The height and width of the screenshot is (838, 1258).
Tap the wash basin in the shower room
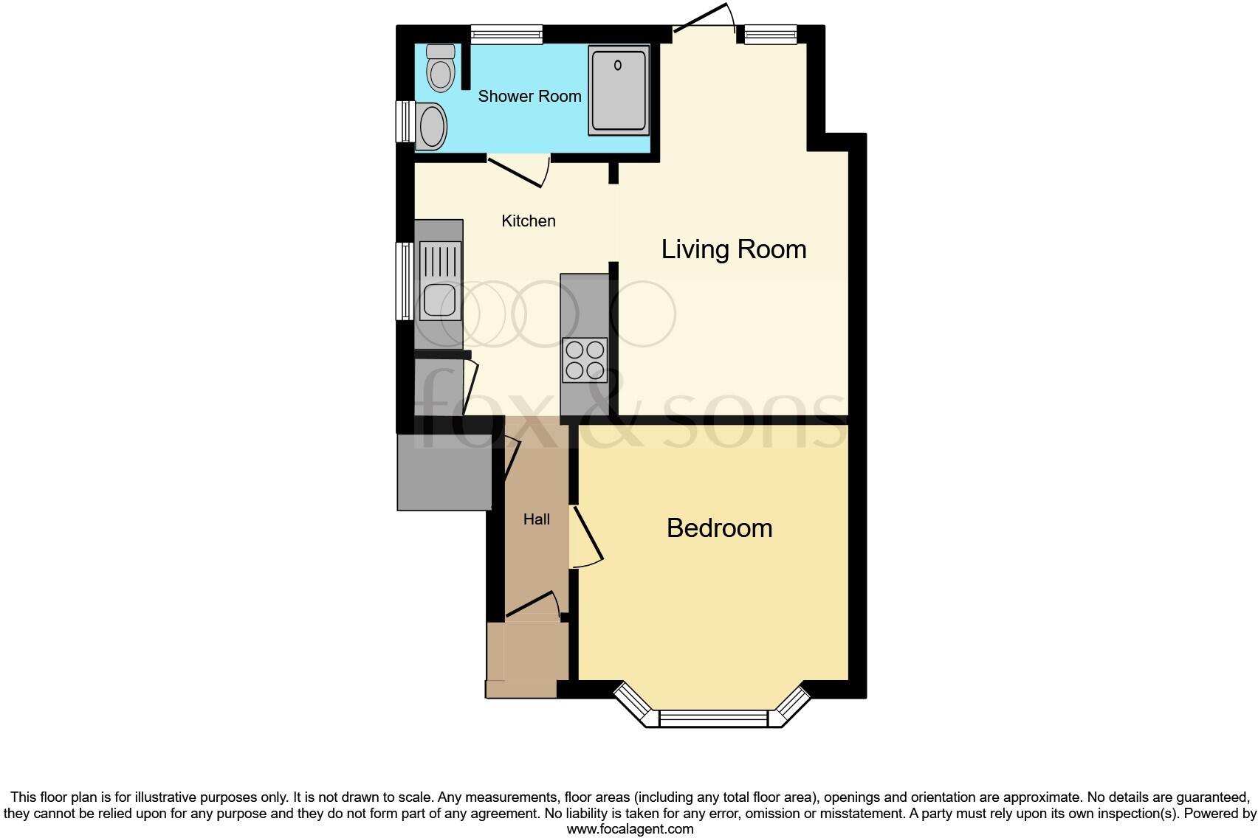(x=433, y=127)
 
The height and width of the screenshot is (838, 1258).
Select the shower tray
(x=619, y=91)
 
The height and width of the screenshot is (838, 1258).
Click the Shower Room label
(x=529, y=97)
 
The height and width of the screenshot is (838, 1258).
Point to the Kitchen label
(x=529, y=221)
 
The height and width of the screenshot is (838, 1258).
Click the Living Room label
(x=733, y=250)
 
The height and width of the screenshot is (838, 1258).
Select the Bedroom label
(x=719, y=528)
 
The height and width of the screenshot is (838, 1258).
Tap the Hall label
(x=537, y=520)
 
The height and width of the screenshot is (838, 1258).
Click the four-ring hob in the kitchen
(x=585, y=360)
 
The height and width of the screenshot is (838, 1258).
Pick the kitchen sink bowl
(x=439, y=300)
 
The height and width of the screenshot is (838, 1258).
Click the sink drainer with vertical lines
(x=440, y=261)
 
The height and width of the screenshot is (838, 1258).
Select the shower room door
(x=516, y=170)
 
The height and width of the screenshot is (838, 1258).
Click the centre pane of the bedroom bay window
(x=713, y=718)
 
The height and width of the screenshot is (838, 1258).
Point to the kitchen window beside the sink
(x=405, y=281)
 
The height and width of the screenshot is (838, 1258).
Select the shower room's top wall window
(x=506, y=33)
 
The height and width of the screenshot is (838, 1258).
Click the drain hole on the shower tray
(x=619, y=65)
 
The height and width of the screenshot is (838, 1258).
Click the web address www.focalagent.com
(x=630, y=829)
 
